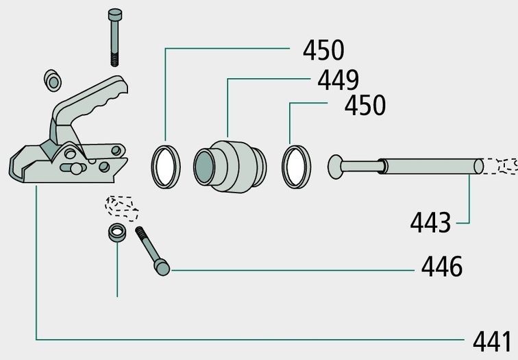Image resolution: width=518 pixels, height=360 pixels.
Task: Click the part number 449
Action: tap(338, 80)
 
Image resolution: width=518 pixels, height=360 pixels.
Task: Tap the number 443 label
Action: tap(430, 222)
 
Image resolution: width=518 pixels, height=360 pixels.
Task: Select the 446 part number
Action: tap(442, 267)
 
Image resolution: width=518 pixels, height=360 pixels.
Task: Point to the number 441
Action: tap(492, 341)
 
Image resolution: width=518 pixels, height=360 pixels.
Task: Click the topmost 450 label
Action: tap(323, 50)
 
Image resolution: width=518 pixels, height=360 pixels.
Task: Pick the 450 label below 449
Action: tap(365, 105)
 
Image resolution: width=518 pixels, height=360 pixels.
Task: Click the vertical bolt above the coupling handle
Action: tap(114, 37)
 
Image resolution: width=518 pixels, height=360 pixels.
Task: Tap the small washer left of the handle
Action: tap(53, 80)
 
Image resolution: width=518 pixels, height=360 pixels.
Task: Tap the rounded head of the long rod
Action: tap(336, 167)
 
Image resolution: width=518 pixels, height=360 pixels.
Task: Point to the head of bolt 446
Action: tap(162, 267)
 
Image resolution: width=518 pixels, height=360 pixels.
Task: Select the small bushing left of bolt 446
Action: tap(117, 232)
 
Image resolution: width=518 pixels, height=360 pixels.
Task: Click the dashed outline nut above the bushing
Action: tap(121, 208)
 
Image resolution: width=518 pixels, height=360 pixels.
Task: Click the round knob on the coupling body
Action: tap(76, 169)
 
